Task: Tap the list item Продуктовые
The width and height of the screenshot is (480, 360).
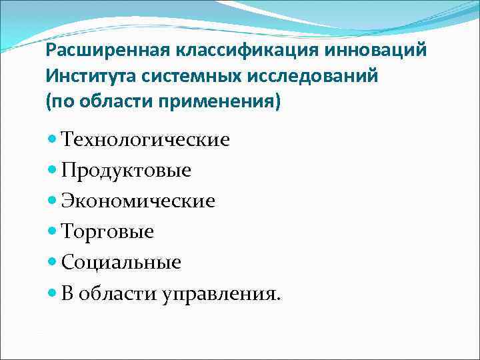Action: (x=126, y=171)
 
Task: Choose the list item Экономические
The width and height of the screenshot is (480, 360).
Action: (x=138, y=201)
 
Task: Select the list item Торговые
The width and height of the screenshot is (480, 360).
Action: (x=107, y=231)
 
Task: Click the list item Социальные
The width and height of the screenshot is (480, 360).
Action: (x=121, y=262)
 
